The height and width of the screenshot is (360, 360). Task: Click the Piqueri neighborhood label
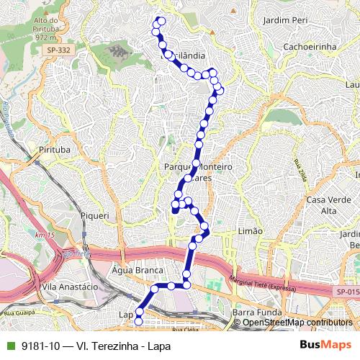(x=95, y=215)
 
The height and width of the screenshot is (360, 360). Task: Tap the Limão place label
(x=250, y=230)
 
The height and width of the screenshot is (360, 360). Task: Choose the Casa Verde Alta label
(x=323, y=204)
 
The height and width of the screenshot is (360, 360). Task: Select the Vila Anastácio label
(x=71, y=286)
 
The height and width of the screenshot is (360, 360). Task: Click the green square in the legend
(x=9, y=346)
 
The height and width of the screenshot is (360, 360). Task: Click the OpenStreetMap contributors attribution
(x=297, y=322)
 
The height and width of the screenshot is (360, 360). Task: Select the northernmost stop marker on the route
(x=161, y=21)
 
